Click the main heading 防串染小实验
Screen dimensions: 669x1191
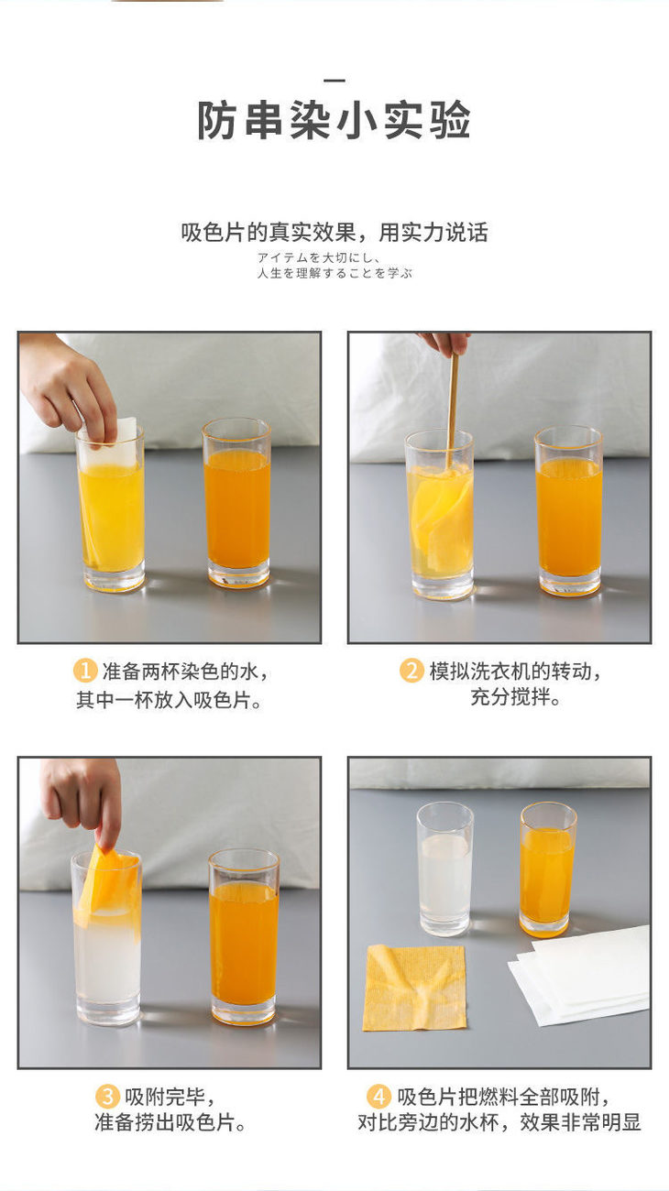[x=334, y=120]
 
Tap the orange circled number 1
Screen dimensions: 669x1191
[x=85, y=671]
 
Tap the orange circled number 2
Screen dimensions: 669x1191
[x=411, y=671]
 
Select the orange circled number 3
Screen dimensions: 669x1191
[x=107, y=1096]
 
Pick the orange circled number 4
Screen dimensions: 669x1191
[x=379, y=1096]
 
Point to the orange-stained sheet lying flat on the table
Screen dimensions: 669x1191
[x=414, y=988]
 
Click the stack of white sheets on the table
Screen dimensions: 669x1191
[x=580, y=977]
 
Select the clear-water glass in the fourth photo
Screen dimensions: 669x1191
[x=444, y=869]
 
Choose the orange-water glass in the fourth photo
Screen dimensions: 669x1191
[x=547, y=869]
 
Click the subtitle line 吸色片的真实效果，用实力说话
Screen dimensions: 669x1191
[x=334, y=233]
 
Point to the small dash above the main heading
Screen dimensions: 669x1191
[x=334, y=81]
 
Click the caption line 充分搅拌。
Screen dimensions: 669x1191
[x=515, y=697]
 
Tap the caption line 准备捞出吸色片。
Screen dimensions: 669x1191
[x=170, y=1122]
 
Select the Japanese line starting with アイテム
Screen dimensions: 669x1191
[x=319, y=257]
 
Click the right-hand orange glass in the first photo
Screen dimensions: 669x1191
[x=236, y=503]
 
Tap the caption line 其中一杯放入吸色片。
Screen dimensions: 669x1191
[x=170, y=700]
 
